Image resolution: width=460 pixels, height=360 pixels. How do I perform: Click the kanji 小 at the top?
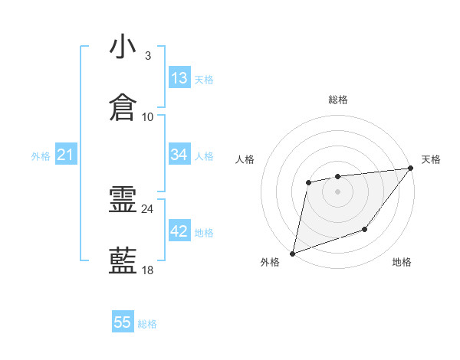[x=123, y=47]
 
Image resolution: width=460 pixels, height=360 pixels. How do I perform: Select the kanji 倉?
[x=123, y=107]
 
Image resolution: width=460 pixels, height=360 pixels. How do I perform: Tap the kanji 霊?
[x=123, y=201]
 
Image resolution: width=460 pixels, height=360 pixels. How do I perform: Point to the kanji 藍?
[x=123, y=260]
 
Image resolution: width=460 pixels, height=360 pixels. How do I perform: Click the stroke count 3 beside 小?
[x=147, y=56]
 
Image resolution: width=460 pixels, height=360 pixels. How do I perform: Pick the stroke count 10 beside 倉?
[x=147, y=116]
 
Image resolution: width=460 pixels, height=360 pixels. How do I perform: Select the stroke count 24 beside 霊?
[x=147, y=209]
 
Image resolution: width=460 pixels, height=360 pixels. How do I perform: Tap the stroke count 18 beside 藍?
[x=147, y=270]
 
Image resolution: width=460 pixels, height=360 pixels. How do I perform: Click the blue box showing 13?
[x=179, y=78]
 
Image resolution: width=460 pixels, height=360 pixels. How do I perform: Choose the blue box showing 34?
[x=179, y=155]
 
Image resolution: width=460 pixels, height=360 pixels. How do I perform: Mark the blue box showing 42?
[x=179, y=231]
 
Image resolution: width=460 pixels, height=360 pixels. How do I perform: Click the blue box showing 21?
[x=66, y=155]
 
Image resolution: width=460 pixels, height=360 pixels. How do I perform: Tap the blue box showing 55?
[x=123, y=322]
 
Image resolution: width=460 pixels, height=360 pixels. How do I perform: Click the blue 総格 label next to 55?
[x=147, y=324]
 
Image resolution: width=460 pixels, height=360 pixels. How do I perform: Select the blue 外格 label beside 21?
[x=41, y=156]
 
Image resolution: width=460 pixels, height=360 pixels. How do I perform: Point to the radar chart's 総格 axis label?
[x=337, y=100]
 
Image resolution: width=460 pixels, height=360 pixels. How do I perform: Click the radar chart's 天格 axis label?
[x=431, y=159]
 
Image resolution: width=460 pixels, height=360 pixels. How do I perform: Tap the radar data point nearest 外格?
[x=292, y=253]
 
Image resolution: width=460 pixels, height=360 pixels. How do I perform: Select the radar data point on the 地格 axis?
[x=366, y=229]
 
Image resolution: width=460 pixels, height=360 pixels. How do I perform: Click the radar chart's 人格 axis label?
[x=245, y=159]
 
